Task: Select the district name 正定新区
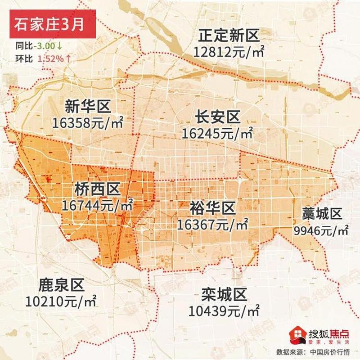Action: [229, 36]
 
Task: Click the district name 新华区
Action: [87, 107]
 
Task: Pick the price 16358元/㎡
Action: [87, 122]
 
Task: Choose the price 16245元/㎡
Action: [217, 133]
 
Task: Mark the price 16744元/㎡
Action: [98, 206]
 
